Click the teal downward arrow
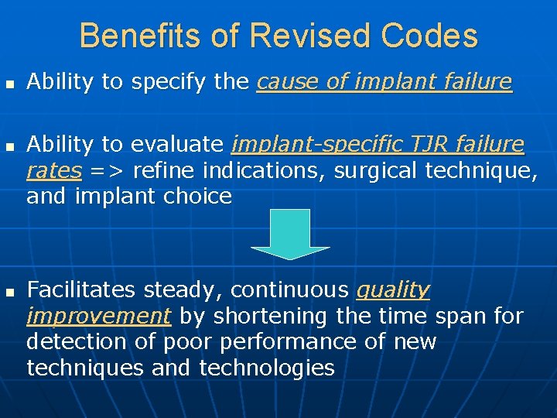(x=291, y=234)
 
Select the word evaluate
(x=177, y=145)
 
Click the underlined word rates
(x=53, y=170)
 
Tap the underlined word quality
(x=392, y=290)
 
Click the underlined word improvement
(x=98, y=316)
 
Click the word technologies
(x=267, y=367)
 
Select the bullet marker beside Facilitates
(x=10, y=292)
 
